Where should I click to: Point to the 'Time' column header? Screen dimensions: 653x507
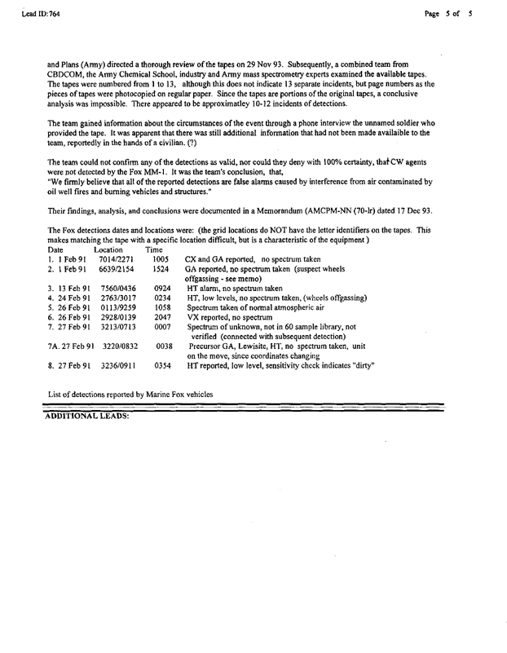coord(153,249)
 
